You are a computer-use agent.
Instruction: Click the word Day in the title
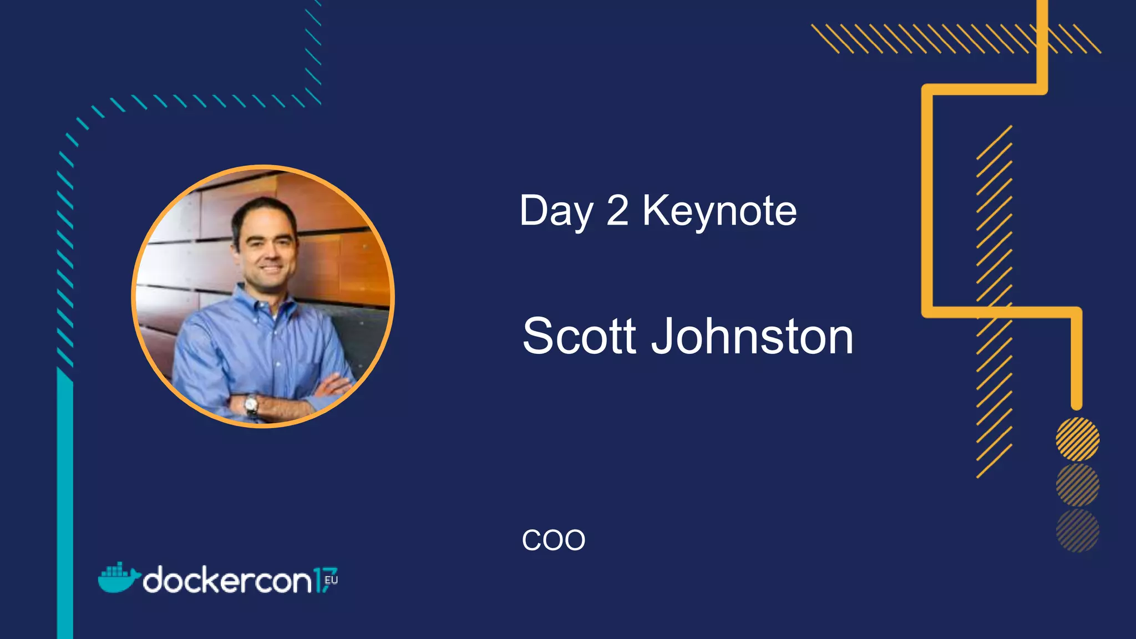tap(556, 212)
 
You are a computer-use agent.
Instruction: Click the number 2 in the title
tap(617, 211)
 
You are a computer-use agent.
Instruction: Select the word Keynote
tap(719, 212)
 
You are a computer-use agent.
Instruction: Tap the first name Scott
tap(579, 336)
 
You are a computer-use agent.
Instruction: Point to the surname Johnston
tap(752, 336)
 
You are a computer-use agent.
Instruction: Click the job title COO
tap(553, 540)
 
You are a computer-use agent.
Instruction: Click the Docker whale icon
tap(118, 578)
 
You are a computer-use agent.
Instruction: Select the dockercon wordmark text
tap(227, 581)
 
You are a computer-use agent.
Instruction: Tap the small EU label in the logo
tap(331, 580)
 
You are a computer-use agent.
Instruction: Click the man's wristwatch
tap(252, 405)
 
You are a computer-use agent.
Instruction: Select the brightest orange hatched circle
tap(1077, 439)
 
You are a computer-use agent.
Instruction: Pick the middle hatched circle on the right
tap(1077, 485)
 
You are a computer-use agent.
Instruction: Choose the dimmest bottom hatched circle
tap(1077, 531)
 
